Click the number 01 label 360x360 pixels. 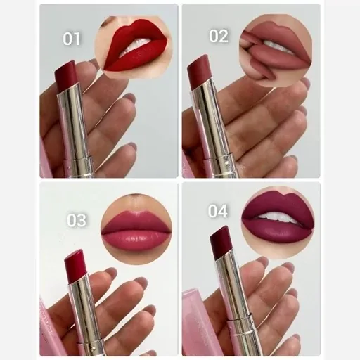pyautogui.click(x=71, y=39)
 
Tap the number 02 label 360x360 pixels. pyautogui.click(x=218, y=36)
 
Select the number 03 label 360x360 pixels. pyautogui.click(x=77, y=220)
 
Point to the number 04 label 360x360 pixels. pyautogui.click(x=217, y=211)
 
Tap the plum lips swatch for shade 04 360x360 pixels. pyautogui.click(x=277, y=219)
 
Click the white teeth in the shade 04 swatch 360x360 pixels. pyautogui.click(x=276, y=217)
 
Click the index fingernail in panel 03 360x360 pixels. pyautogui.click(x=111, y=272)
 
